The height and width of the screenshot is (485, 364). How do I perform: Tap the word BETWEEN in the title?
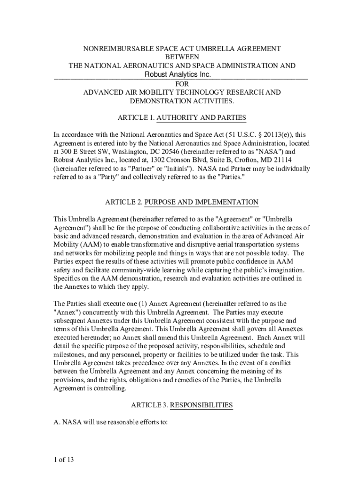click(x=182, y=57)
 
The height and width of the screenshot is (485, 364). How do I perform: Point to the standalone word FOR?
click(x=182, y=84)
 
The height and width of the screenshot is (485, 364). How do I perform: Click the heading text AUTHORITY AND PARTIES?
click(x=201, y=117)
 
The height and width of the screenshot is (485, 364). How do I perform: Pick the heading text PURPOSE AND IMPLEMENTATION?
click(x=201, y=202)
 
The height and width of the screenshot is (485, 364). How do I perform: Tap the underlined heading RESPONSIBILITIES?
click(x=201, y=405)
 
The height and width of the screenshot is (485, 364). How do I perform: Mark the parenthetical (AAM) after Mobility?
click(x=89, y=244)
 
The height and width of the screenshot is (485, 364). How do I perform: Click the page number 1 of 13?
click(x=64, y=459)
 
